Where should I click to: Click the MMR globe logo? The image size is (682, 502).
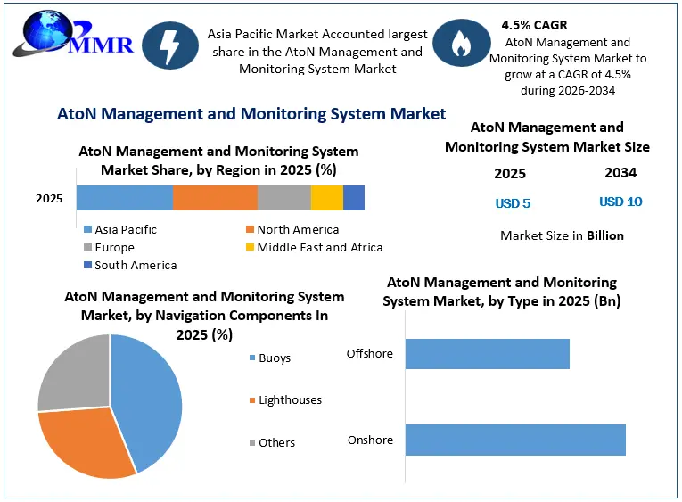click(73, 35)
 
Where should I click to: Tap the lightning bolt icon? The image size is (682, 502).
click(170, 45)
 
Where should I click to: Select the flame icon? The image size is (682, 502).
click(462, 43)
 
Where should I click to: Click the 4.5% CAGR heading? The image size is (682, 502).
click(534, 25)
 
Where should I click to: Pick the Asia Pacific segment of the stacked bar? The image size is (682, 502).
click(125, 198)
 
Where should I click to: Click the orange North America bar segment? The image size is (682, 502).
click(216, 198)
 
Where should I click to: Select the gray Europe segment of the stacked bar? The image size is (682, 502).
click(284, 198)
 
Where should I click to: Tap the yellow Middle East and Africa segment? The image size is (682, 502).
click(327, 198)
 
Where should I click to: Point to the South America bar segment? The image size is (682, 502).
click(354, 198)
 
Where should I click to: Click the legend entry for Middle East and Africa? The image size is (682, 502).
click(315, 248)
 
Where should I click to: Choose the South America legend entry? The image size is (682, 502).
click(130, 266)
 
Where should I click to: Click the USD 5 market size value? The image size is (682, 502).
click(513, 203)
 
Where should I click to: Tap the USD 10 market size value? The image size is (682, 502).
click(620, 202)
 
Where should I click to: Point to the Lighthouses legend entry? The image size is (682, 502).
click(286, 400)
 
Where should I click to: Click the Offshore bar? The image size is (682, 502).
click(488, 354)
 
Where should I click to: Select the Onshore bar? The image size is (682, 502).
click(515, 440)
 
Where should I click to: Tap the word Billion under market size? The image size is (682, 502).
click(605, 235)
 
